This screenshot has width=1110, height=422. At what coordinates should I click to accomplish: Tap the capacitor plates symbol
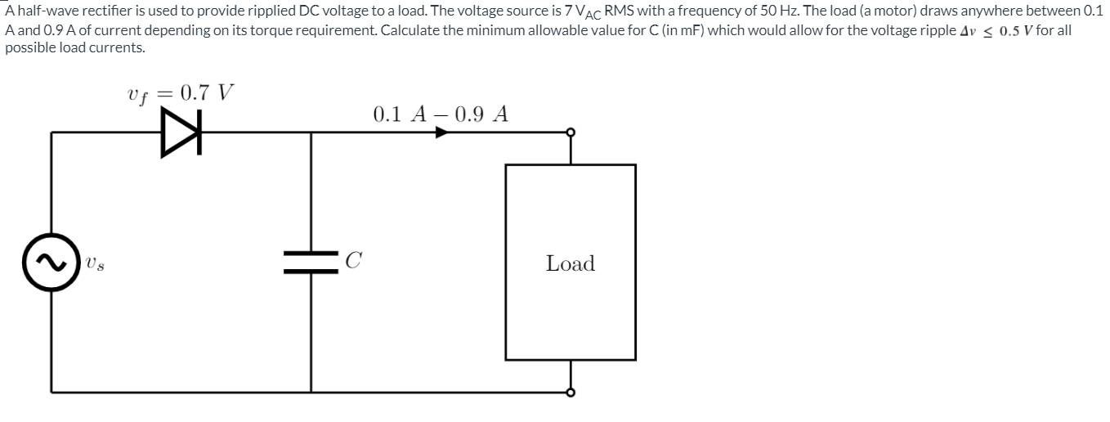tap(311, 263)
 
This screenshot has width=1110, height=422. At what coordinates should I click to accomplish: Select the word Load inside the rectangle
tap(571, 263)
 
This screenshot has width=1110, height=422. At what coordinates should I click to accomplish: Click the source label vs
tap(96, 266)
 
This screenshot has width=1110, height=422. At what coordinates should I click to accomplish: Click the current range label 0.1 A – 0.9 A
tap(440, 114)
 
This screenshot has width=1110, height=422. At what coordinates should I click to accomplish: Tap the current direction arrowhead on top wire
tap(441, 132)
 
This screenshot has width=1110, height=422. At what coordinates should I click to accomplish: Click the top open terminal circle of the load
tap(571, 132)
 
